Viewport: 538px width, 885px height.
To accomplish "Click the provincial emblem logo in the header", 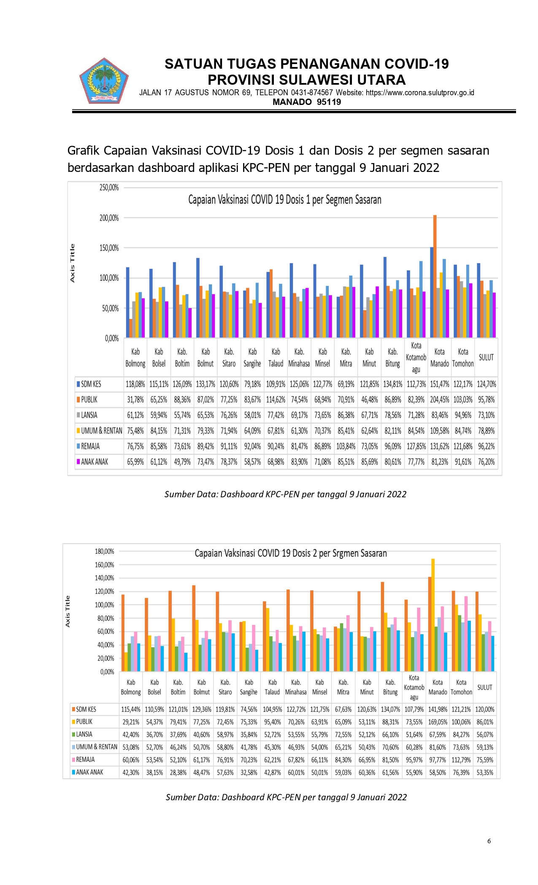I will coord(104,81).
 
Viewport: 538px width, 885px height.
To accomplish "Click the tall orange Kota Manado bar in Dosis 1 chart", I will coord(435,276).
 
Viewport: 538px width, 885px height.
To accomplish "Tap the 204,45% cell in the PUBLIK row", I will coord(439,400).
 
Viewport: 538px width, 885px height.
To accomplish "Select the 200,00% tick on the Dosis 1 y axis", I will coord(109,218).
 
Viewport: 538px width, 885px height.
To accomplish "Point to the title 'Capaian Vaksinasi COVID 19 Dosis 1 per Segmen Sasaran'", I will coord(284,200).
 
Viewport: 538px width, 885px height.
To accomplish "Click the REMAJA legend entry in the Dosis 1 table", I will coord(90,446).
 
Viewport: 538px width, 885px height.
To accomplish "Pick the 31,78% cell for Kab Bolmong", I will coord(135,400).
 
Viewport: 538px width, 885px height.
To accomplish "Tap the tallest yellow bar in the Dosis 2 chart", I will coord(433,615).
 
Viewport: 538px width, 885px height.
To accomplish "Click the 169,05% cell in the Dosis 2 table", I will coord(438,722).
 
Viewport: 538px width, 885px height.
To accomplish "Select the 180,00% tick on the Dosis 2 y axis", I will coord(105,551).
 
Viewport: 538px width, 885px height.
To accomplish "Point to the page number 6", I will coord(489,841).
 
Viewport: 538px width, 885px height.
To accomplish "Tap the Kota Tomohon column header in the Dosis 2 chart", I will coord(461,687).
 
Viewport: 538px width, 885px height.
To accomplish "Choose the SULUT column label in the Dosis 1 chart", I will coord(486,357).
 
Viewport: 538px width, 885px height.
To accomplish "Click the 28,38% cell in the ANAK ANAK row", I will coord(178,772).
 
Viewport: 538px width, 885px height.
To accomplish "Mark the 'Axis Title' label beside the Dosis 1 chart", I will coord(72,263).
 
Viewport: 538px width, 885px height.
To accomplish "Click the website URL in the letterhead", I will coord(420,93).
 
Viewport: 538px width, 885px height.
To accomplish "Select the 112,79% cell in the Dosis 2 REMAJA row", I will coord(461,760).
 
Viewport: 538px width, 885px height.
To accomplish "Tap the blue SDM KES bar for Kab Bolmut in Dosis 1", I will coord(198,298).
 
